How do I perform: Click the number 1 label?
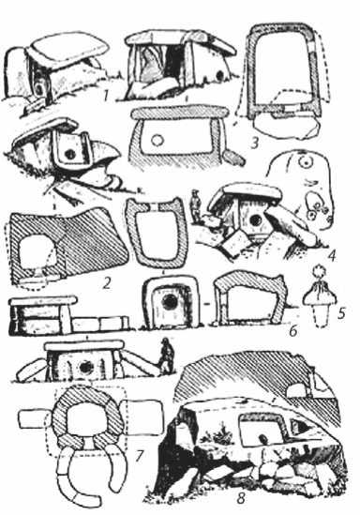[106, 95]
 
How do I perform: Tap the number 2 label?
[107, 283]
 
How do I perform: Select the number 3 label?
[254, 144]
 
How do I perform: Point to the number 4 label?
[332, 256]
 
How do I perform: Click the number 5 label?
[341, 312]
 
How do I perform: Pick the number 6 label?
[292, 330]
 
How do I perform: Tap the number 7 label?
[139, 456]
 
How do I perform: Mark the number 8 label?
[241, 498]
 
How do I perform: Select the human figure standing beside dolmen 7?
[167, 356]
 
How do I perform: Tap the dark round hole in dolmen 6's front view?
[171, 300]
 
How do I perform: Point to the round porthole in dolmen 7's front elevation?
[85, 368]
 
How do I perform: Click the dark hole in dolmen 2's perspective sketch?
[70, 155]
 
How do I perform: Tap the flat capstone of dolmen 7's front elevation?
[84, 346]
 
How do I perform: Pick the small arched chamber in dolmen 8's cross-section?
[296, 391]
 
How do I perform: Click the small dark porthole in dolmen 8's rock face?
[263, 439]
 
